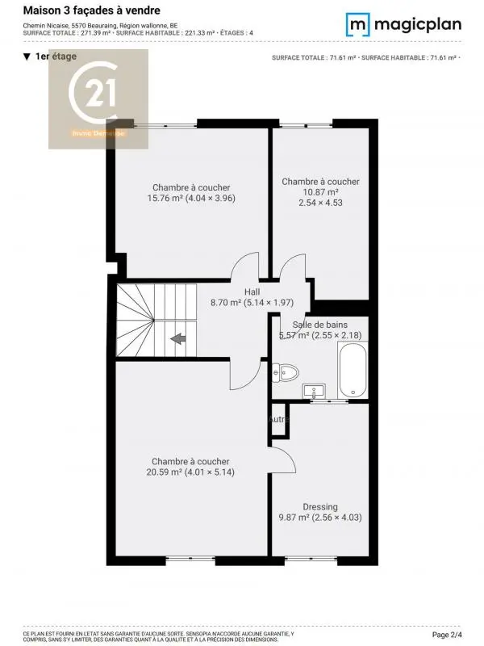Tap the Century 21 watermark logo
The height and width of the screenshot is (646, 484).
[x=98, y=99]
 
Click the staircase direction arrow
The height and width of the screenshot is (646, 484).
[x=178, y=338]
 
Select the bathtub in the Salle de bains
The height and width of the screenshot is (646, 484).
[x=353, y=370]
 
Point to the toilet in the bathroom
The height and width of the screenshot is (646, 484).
[x=286, y=372]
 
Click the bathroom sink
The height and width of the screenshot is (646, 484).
[x=313, y=392]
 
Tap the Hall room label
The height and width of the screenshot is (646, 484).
[x=252, y=292]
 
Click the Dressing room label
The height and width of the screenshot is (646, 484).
[x=320, y=507]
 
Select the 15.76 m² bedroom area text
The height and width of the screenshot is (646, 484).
[x=191, y=198]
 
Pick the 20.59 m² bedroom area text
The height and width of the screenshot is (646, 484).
[x=190, y=472]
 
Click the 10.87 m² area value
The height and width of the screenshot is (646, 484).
[x=320, y=192]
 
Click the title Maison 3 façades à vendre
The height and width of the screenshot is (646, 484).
[x=91, y=10]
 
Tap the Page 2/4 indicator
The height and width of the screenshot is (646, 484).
[x=457, y=636]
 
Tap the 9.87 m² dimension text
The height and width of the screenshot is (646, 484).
[x=320, y=518]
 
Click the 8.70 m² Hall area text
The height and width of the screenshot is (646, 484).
[x=252, y=303]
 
